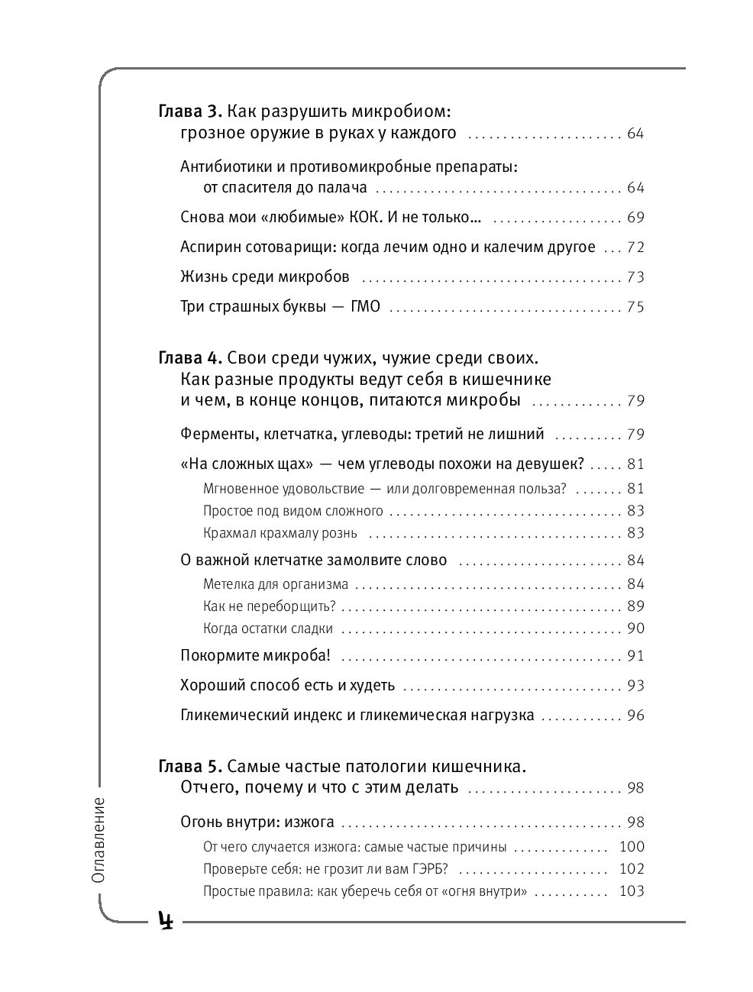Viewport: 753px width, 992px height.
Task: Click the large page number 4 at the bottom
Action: (166, 921)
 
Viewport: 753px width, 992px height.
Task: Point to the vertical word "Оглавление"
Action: (98, 839)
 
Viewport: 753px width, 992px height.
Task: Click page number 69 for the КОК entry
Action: (635, 218)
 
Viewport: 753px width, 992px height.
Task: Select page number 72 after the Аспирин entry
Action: (635, 247)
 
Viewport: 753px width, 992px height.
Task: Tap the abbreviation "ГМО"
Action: (365, 308)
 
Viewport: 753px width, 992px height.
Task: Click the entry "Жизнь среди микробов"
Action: (265, 276)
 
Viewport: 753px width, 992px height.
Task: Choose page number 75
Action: (635, 308)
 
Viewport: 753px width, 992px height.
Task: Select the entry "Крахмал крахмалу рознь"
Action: (280, 533)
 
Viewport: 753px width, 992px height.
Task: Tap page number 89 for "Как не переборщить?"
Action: (635, 606)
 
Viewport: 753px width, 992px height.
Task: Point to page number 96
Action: (635, 716)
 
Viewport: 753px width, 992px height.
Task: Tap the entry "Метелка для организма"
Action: (276, 584)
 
